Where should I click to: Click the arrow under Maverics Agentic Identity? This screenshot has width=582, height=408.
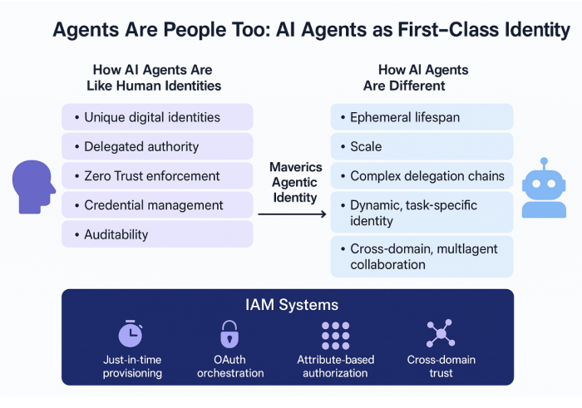292,214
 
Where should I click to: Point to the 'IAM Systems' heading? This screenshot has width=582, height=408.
288,305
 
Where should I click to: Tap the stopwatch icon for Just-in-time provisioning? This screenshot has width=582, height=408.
131,334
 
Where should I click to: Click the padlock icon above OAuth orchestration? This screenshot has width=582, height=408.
229,334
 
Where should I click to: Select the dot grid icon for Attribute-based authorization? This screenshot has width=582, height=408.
335,334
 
